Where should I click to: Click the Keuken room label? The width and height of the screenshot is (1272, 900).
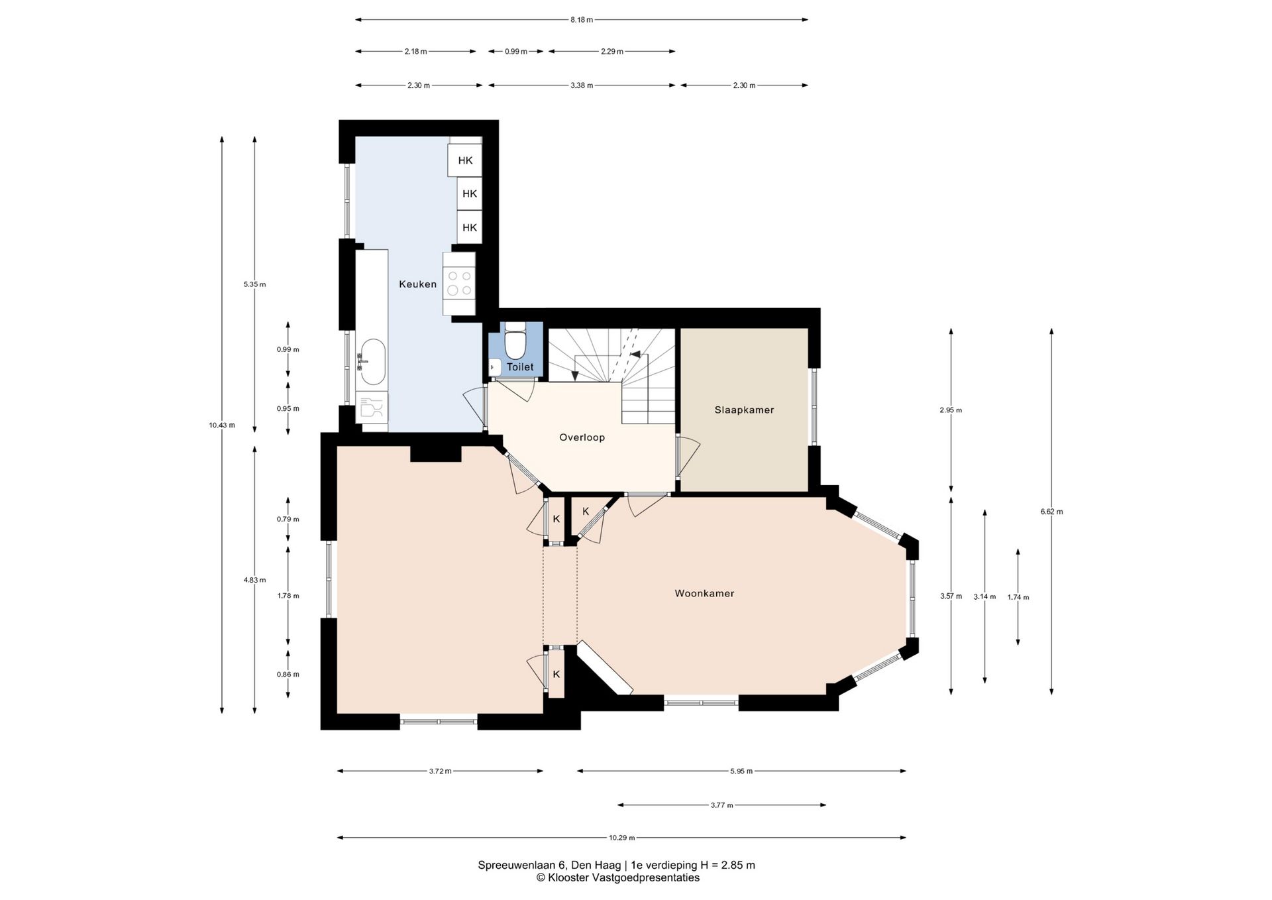tap(417, 284)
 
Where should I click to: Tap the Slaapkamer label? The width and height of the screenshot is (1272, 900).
tap(744, 410)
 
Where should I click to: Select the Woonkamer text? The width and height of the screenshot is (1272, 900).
tap(704, 593)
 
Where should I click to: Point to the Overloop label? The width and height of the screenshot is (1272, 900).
tap(582, 437)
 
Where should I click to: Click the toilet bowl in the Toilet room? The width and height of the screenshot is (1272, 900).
tap(515, 342)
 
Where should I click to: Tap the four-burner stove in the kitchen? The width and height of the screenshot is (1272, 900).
tap(459, 284)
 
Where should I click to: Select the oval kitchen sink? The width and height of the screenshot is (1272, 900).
tap(372, 362)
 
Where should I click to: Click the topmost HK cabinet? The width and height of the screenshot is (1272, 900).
tap(465, 160)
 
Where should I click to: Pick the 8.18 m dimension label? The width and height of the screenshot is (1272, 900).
tap(582, 20)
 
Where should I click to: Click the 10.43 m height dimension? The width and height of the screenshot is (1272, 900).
tap(222, 425)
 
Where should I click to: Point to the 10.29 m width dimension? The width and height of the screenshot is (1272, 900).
tap(621, 838)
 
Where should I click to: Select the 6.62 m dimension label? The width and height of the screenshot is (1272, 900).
tap(1051, 512)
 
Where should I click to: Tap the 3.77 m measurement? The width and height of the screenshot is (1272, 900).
tap(721, 805)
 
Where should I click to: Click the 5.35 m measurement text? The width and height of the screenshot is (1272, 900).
tap(254, 284)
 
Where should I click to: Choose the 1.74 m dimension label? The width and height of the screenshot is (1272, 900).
tap(1018, 597)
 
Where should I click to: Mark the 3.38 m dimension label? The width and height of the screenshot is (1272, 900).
tap(582, 85)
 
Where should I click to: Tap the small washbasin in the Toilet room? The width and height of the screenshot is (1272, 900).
tap(495, 366)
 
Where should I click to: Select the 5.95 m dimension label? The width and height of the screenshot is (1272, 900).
tap(741, 771)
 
